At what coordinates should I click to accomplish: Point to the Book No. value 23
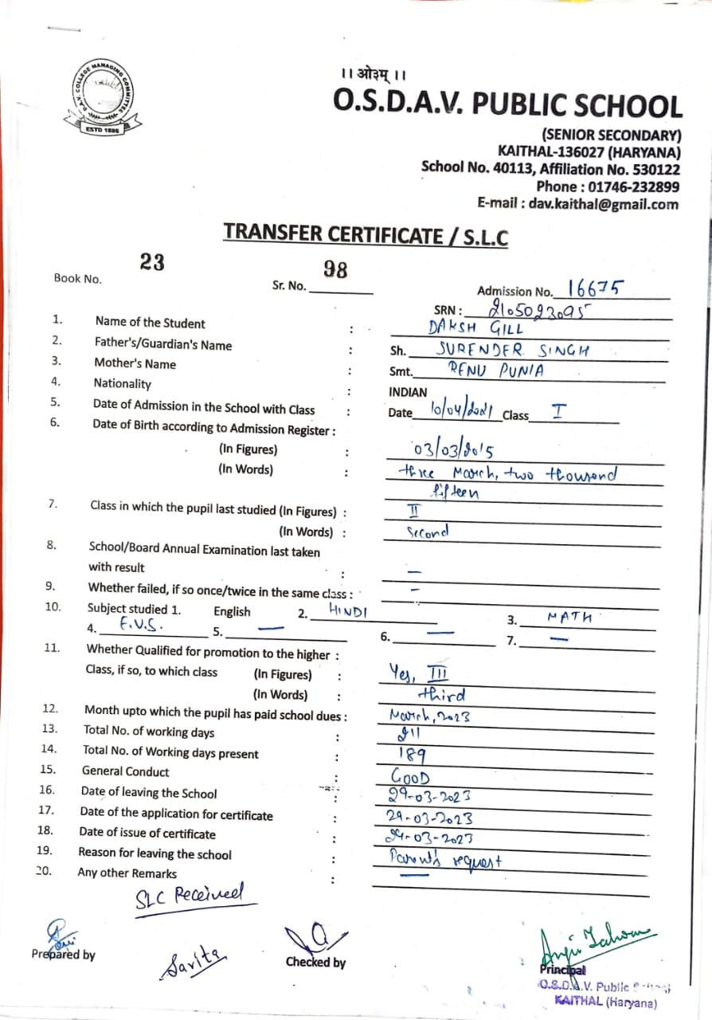(x=152, y=261)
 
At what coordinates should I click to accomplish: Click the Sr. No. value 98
(x=336, y=270)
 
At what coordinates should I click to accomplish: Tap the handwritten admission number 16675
(x=595, y=288)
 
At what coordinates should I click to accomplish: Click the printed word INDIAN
(x=408, y=392)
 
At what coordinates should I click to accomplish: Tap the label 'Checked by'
(x=315, y=962)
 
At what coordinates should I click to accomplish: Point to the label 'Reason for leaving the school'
(x=155, y=853)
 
